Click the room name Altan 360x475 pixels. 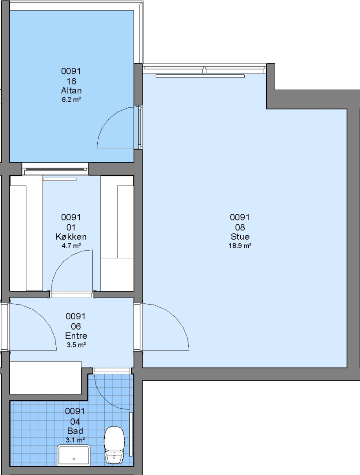[71, 90]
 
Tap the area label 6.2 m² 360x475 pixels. [71, 99]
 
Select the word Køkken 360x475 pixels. [71, 236]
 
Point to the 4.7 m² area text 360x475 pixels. [71, 246]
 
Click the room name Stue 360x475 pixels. [240, 236]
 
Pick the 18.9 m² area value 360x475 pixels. [240, 246]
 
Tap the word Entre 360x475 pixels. [76, 335]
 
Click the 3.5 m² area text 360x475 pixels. [76, 345]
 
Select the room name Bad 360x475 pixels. [75, 431]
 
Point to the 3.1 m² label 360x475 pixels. [75, 440]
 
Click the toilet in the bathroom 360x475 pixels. [114, 445]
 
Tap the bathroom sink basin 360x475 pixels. [73, 455]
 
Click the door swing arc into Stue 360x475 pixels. [176, 318]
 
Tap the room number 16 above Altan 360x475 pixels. [71, 81]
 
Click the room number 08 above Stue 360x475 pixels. [240, 227]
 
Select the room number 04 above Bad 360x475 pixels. [75, 421]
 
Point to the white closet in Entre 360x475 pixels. [45, 377]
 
